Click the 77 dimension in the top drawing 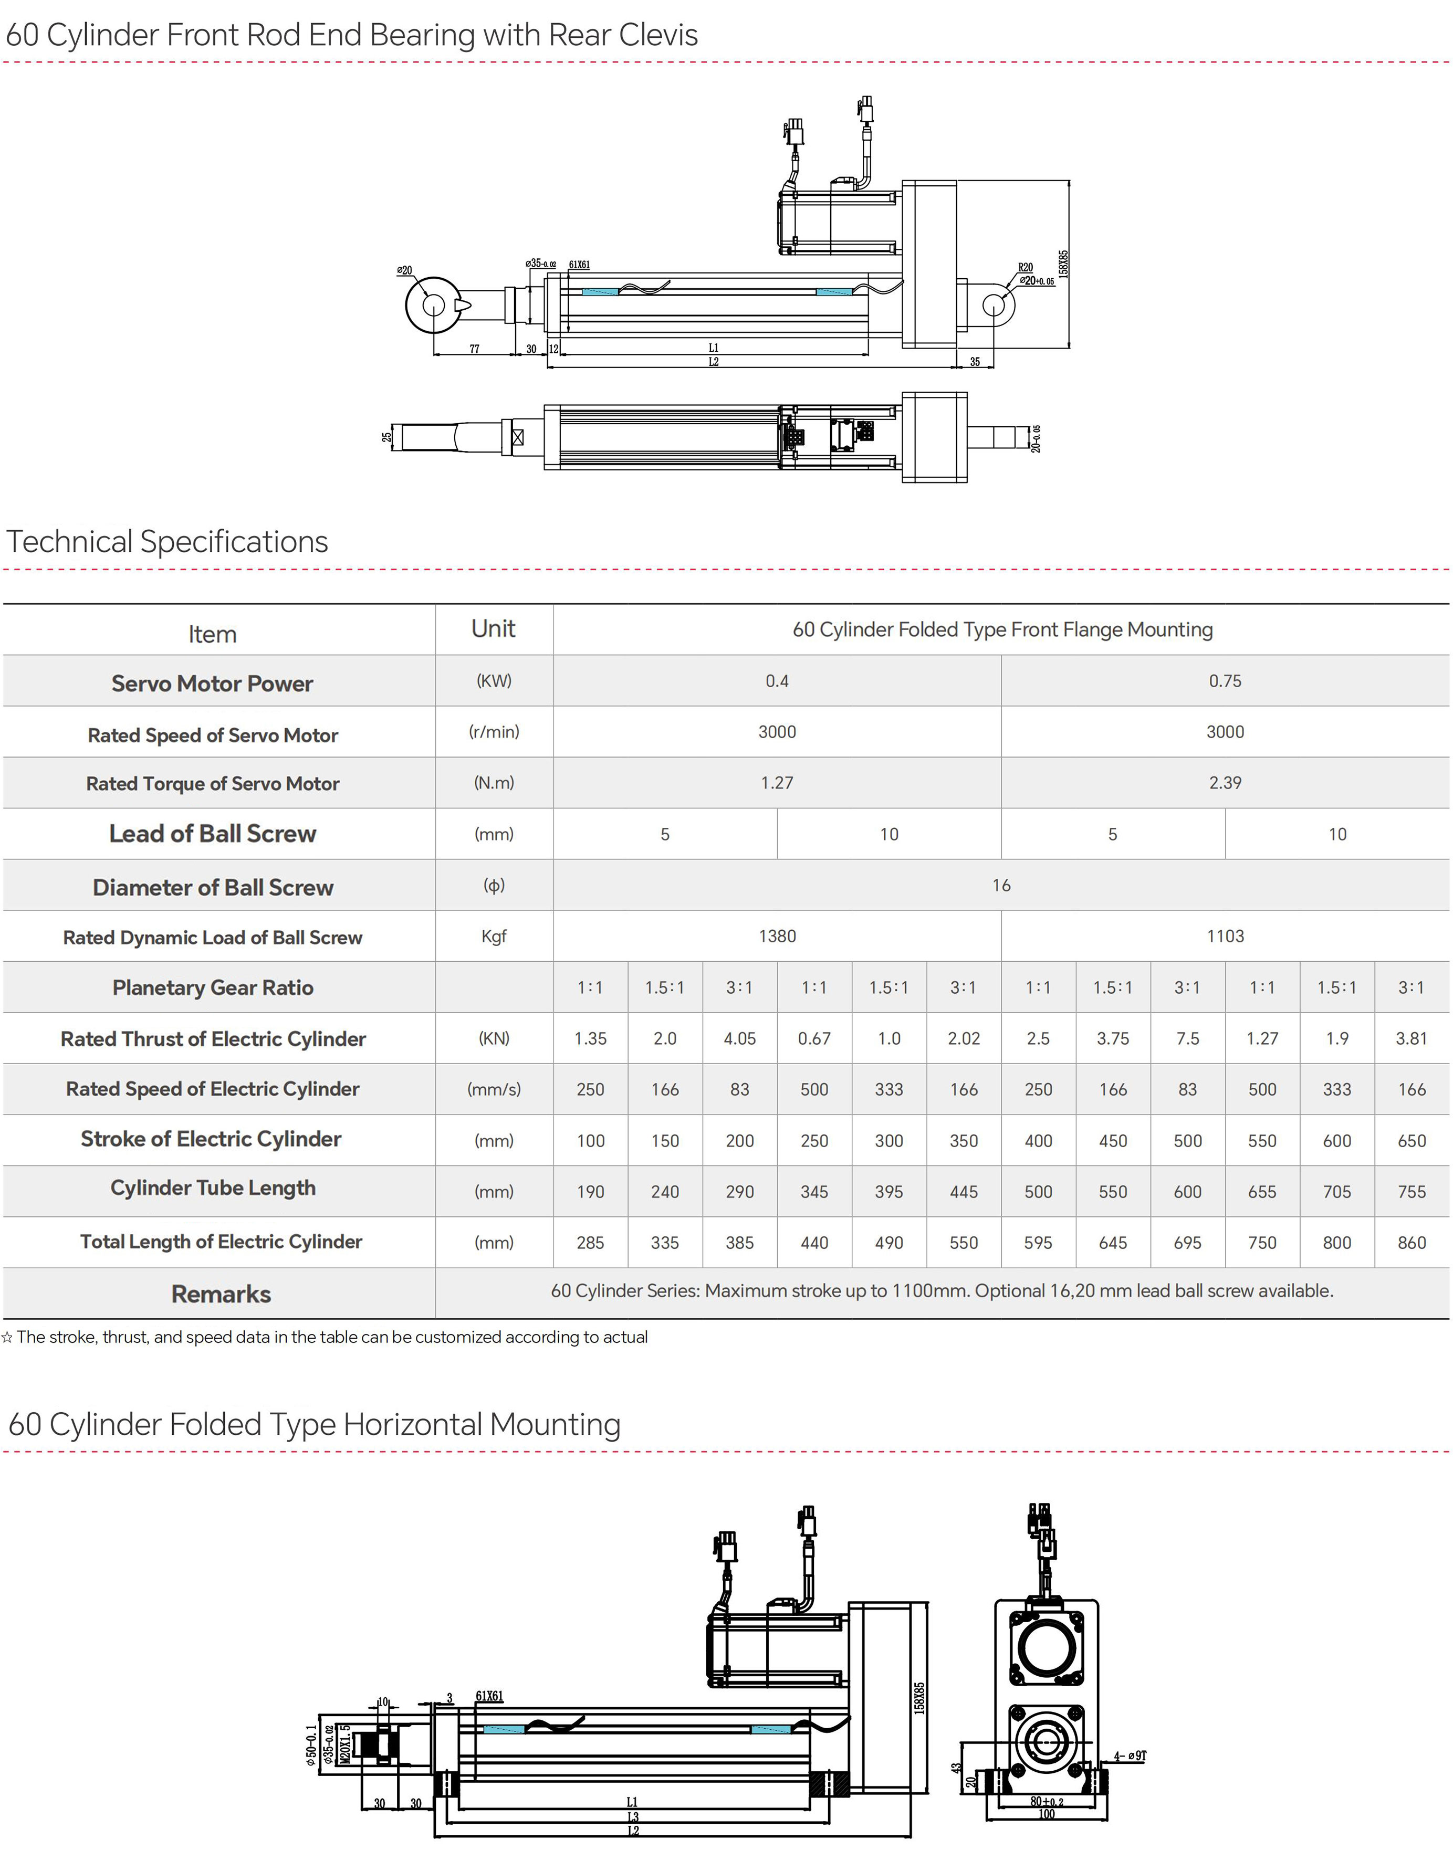(x=474, y=349)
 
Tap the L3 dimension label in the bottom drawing (x=633, y=1817)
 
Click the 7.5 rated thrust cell (x=1187, y=1039)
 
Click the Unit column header (x=494, y=629)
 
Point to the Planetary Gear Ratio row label (x=213, y=988)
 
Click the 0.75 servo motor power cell (x=1225, y=681)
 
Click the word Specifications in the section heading (x=234, y=542)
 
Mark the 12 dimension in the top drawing (x=553, y=349)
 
